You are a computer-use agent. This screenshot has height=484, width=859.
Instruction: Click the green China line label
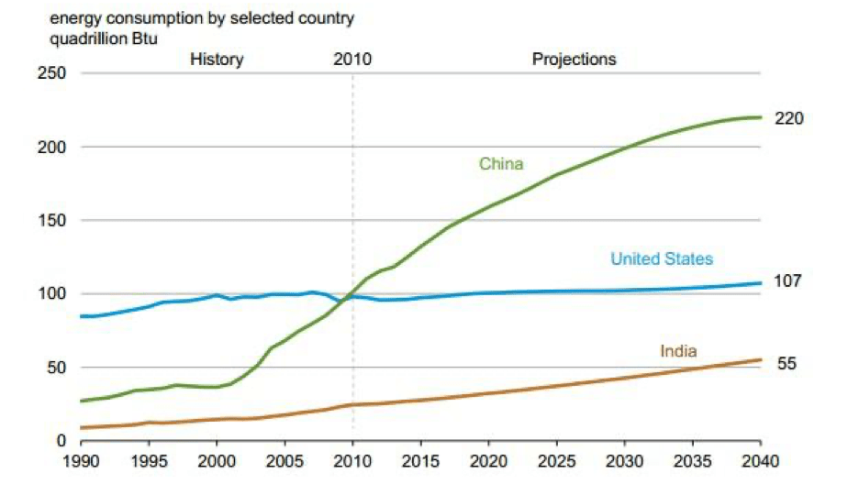(501, 164)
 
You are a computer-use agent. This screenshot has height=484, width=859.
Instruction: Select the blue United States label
(662, 259)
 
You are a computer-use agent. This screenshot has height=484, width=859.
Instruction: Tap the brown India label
(678, 351)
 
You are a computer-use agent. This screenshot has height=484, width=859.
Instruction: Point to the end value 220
(789, 118)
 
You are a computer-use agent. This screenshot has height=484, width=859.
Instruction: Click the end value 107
(789, 280)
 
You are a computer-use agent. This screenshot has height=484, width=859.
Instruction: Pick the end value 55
(786, 364)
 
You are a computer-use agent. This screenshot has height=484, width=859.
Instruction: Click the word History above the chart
(217, 60)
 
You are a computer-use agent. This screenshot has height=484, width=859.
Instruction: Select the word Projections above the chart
(574, 60)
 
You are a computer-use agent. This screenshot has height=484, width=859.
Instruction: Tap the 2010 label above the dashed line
(352, 60)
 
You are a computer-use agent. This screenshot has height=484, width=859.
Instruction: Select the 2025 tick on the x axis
(556, 460)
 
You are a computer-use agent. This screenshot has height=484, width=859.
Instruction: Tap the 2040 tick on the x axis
(761, 460)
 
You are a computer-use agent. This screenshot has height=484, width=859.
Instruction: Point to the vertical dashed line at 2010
(352, 183)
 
